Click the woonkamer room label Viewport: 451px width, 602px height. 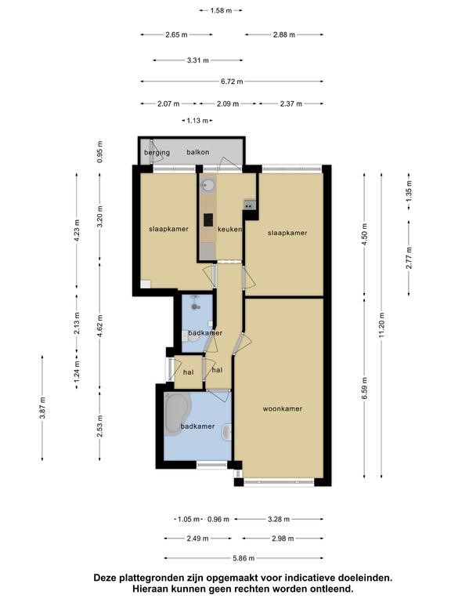click(282, 409)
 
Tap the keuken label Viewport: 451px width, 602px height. click(229, 229)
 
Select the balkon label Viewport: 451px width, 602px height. click(198, 152)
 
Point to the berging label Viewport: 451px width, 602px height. click(157, 153)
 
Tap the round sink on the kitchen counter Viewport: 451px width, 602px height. click(207, 186)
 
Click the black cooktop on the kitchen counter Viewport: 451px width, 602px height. click(208, 220)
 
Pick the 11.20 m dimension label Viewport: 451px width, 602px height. click(381, 325)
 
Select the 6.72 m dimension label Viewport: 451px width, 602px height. click(232, 82)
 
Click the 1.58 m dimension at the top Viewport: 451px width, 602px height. click(221, 11)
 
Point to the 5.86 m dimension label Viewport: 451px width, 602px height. click(244, 558)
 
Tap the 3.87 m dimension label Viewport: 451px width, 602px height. click(42, 408)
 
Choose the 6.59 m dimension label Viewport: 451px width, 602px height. click(364, 388)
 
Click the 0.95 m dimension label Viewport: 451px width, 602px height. click(99, 151)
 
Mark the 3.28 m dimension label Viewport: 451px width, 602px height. click(279, 519)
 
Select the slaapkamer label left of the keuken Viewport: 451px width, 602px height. click(169, 229)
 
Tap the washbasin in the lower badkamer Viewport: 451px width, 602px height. click(227, 433)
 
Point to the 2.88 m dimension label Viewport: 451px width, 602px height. click(284, 34)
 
